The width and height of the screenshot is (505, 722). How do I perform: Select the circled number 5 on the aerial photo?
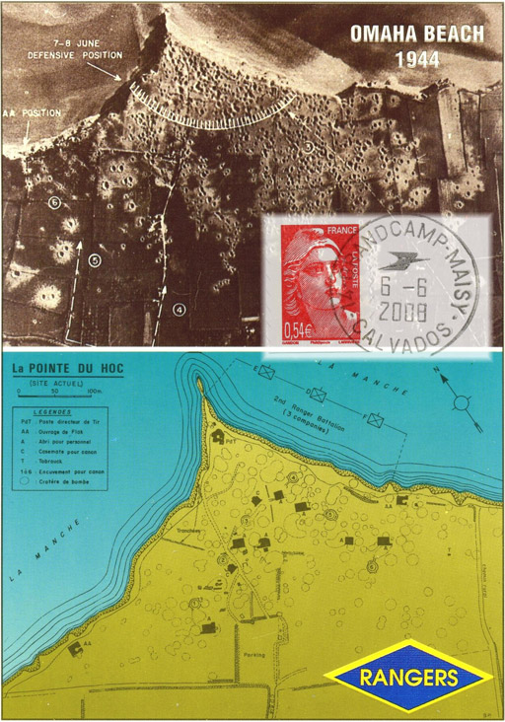point(95,260)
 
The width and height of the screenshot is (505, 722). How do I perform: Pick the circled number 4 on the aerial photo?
point(179,309)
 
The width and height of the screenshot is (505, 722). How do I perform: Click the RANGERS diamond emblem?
point(407,678)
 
